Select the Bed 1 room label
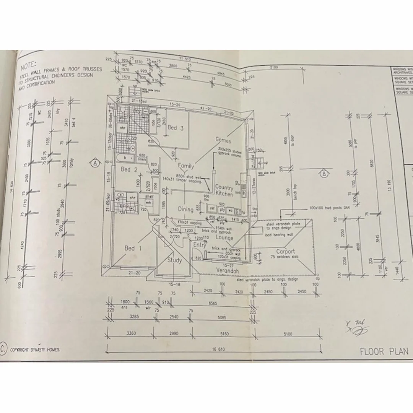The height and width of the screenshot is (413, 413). pyautogui.click(x=133, y=248)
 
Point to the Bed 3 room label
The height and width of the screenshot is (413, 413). pyautogui.click(x=175, y=128)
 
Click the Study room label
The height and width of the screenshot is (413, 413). pyautogui.click(x=174, y=260)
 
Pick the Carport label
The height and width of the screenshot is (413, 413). pyautogui.click(x=286, y=252)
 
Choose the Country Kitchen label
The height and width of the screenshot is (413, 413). pyautogui.click(x=224, y=190)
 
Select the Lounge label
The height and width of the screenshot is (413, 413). pyautogui.click(x=224, y=237)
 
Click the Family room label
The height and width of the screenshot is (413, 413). pyautogui.click(x=186, y=166)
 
